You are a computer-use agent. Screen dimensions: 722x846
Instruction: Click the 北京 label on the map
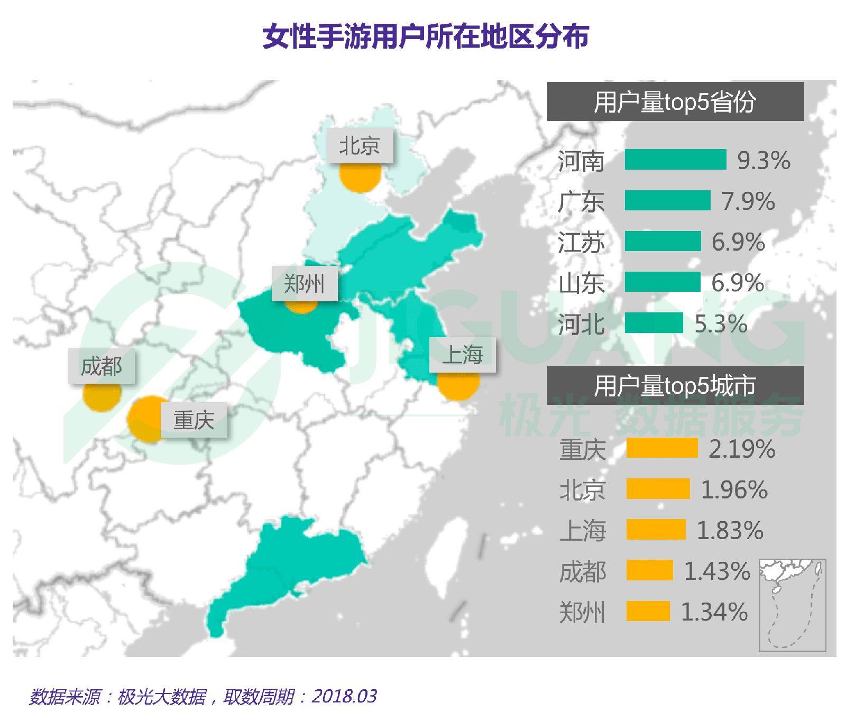point(360,145)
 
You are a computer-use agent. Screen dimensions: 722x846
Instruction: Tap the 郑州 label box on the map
point(305,284)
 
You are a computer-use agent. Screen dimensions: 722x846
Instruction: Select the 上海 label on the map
point(463,354)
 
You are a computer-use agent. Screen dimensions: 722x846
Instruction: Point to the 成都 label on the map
point(101,366)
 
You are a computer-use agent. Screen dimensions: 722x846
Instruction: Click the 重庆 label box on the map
point(194,420)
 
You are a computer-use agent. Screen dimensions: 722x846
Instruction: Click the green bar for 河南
point(675,160)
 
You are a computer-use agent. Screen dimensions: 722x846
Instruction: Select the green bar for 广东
point(667,201)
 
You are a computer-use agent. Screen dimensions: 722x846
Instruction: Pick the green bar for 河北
point(654,323)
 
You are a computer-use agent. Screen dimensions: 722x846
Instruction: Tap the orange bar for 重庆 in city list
point(662,448)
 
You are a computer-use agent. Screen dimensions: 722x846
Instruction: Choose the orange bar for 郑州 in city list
point(648,612)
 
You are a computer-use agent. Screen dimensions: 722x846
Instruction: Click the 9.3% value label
point(764,160)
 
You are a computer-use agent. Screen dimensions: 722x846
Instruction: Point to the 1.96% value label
point(734,489)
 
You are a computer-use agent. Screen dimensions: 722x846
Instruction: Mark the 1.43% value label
point(717,571)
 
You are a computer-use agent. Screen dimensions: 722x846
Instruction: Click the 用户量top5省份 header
point(675,101)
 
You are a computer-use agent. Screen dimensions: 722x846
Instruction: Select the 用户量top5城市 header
point(675,385)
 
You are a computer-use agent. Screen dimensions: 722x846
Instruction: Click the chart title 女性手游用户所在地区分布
point(426,36)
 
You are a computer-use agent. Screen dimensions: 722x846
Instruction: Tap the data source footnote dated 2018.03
point(203,696)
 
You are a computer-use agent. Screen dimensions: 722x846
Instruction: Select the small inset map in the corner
point(792,605)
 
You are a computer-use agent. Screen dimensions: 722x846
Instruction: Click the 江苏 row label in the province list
point(581,243)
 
